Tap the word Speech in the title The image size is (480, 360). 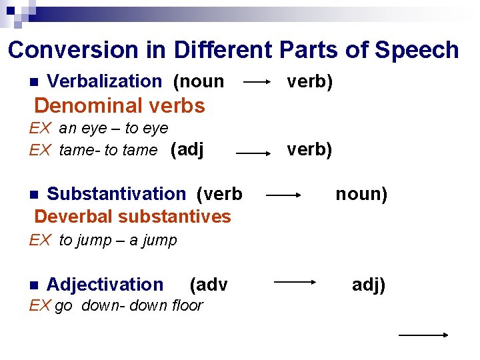pyautogui.click(x=417, y=50)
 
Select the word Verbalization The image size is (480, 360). pyautogui.click(x=105, y=81)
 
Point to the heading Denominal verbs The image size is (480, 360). pyautogui.click(x=119, y=105)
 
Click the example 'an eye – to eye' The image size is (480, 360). pyautogui.click(x=113, y=128)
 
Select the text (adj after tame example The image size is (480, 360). pyautogui.click(x=187, y=149)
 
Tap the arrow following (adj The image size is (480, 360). pyautogui.click(x=257, y=153)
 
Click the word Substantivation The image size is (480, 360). pyautogui.click(x=116, y=194)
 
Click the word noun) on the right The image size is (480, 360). pyautogui.click(x=361, y=194)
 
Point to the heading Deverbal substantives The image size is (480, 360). pyautogui.click(x=133, y=217)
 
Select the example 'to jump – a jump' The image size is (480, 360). pyautogui.click(x=118, y=241)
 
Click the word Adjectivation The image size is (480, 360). pyautogui.click(x=105, y=285)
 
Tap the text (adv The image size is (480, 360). pyautogui.click(x=209, y=285)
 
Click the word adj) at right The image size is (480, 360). pyautogui.click(x=369, y=285)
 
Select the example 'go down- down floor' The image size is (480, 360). pyautogui.click(x=129, y=305)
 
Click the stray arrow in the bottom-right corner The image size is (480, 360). pyautogui.click(x=423, y=335)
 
